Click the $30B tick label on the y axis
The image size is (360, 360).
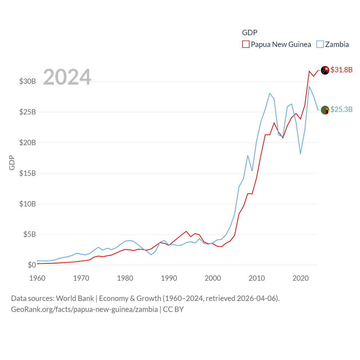click(28, 82)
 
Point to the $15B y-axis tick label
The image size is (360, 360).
click(28, 173)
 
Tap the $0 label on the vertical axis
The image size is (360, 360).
click(32, 265)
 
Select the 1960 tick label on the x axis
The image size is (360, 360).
click(37, 278)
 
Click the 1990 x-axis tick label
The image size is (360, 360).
click(169, 278)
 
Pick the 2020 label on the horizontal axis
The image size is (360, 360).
click(301, 278)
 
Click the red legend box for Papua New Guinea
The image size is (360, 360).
click(246, 44)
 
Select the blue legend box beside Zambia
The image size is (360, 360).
click(320, 44)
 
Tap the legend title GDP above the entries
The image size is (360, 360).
click(250, 33)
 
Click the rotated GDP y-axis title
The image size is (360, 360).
click(12, 163)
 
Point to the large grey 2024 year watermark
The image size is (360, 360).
click(67, 77)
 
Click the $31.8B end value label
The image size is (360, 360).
click(341, 70)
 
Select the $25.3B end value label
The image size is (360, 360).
click(341, 109)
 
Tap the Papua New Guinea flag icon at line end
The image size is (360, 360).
click(325, 70)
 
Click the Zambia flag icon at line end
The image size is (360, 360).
click(325, 110)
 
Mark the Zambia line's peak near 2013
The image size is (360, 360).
click(270, 93)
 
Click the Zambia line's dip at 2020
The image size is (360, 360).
click(300, 154)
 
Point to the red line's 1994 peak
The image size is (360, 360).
click(186, 231)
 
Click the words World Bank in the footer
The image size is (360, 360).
click(75, 298)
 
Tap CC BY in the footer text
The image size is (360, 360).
click(173, 309)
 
